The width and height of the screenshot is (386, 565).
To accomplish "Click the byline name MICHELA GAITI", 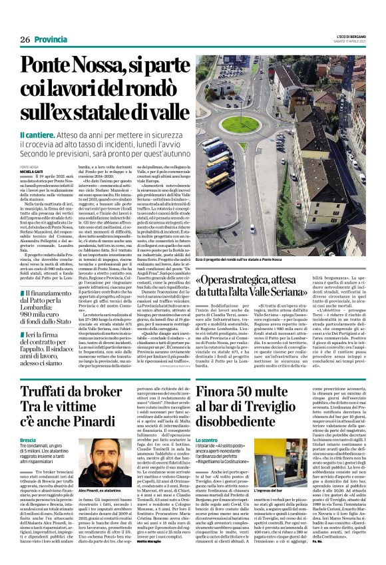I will pos(31,170).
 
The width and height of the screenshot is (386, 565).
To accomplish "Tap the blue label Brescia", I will pos(28,422).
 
